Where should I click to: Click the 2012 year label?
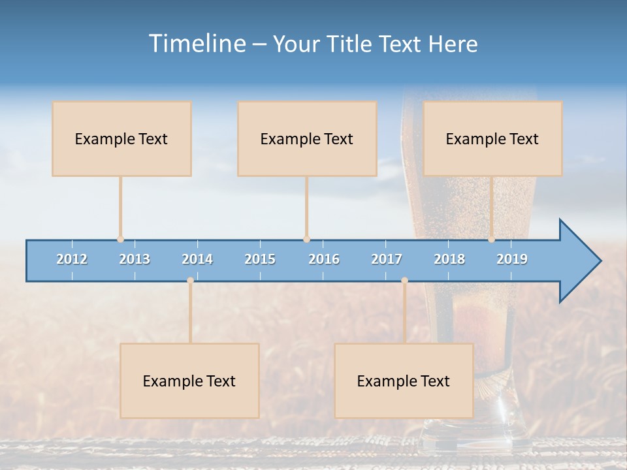(72, 259)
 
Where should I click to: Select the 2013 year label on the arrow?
(135, 259)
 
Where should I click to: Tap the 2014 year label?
(197, 259)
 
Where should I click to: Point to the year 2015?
(260, 259)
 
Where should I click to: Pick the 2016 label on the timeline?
(324, 259)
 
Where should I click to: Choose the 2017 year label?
(387, 259)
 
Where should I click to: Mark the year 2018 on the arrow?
(449, 259)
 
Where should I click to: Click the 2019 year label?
(512, 259)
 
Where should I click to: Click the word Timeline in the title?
(196, 44)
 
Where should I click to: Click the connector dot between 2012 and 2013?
(120, 239)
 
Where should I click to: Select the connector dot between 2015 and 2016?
(306, 239)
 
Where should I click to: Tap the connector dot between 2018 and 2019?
(492, 239)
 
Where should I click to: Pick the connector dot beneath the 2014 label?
(190, 280)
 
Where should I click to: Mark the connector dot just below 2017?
(404, 280)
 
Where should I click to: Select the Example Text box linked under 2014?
(189, 381)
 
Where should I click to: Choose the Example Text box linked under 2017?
(404, 381)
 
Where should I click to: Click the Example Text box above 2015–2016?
(307, 138)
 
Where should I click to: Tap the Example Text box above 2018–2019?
(492, 138)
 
